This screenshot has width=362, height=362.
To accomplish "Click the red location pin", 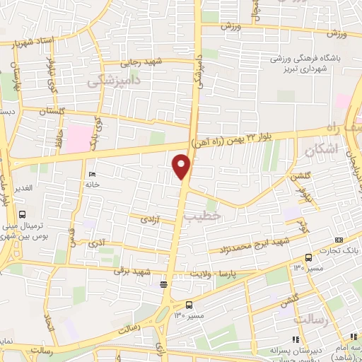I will pos(182,166).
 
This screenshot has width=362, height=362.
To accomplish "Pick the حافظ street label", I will pos(61,134).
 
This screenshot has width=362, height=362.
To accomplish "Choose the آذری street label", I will pos(96,243).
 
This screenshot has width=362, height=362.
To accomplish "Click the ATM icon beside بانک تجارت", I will pos(339,240).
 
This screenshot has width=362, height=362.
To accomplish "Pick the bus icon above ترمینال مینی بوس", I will pos(23,214).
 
